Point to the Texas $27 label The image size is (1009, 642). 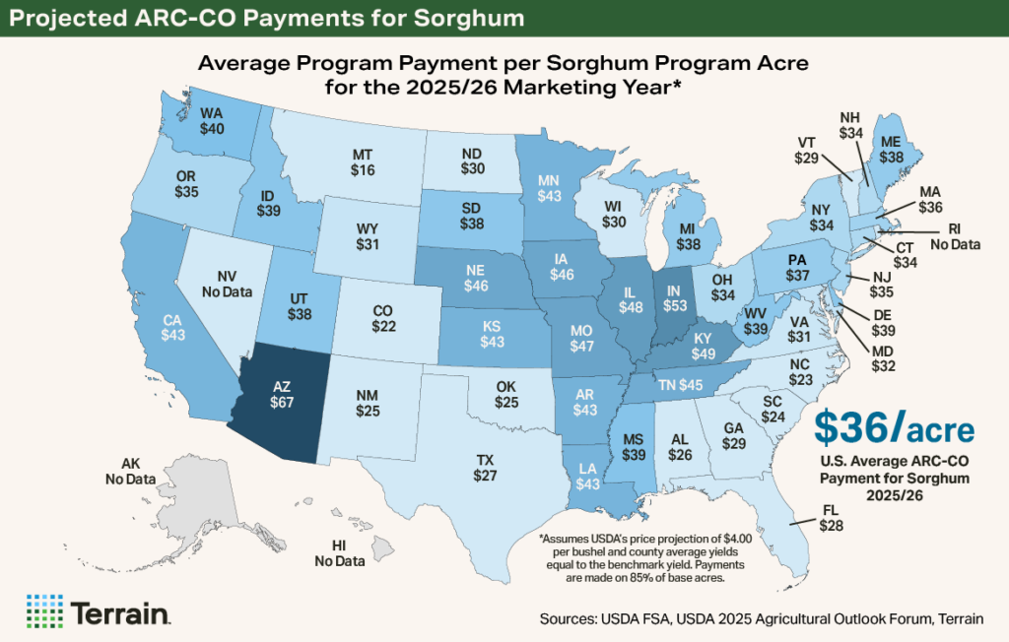click(x=486, y=468)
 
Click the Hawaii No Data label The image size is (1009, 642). click(x=338, y=553)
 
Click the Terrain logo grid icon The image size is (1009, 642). click(x=44, y=610)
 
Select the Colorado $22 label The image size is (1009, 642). click(x=382, y=317)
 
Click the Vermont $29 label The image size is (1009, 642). click(x=807, y=149)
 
